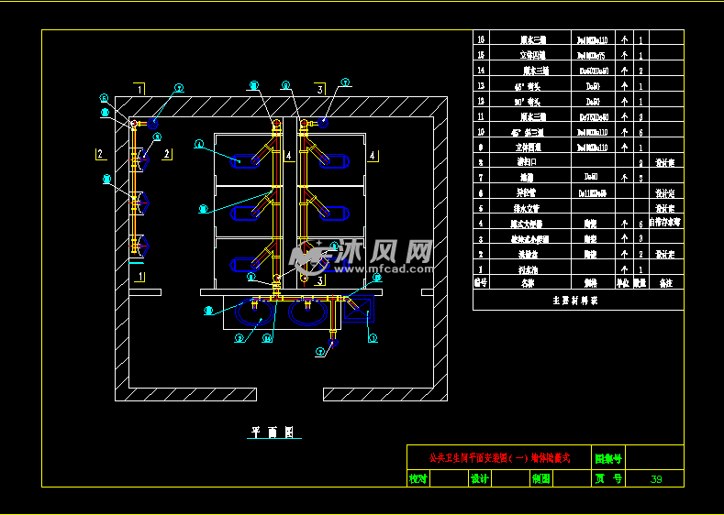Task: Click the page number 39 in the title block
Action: tap(655, 479)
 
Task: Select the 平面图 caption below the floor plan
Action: tap(271, 432)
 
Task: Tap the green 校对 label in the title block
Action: tap(418, 479)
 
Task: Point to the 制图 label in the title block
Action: tap(541, 479)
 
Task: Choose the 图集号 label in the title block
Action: tap(608, 456)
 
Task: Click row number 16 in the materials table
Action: tap(481, 39)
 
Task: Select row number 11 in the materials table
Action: tap(481, 116)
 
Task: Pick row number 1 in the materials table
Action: tap(481, 269)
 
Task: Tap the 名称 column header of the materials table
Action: tap(527, 284)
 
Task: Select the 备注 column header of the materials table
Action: tap(665, 284)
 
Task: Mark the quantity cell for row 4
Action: tap(640, 224)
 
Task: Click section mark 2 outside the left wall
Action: tap(99, 154)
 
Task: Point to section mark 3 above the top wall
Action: tap(319, 90)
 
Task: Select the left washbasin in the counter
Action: tap(251, 312)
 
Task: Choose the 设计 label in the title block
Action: tap(479, 479)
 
